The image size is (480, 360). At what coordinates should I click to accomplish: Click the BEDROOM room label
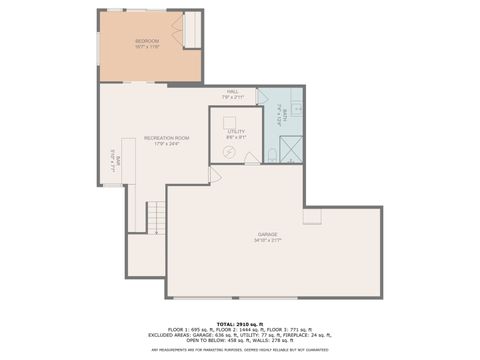click(x=147, y=42)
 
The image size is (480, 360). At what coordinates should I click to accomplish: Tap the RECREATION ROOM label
click(x=167, y=139)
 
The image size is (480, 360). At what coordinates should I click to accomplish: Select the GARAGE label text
click(x=267, y=237)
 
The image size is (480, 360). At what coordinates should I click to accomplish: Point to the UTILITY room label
click(x=236, y=132)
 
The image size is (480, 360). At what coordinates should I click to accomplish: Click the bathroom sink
click(x=299, y=110)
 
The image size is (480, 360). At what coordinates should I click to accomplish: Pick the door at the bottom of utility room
click(x=213, y=173)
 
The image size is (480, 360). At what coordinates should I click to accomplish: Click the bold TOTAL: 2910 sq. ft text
click(x=239, y=322)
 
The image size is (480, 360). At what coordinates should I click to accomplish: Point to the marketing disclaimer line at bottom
click(x=239, y=350)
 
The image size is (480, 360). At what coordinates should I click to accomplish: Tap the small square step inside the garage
click(x=312, y=216)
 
